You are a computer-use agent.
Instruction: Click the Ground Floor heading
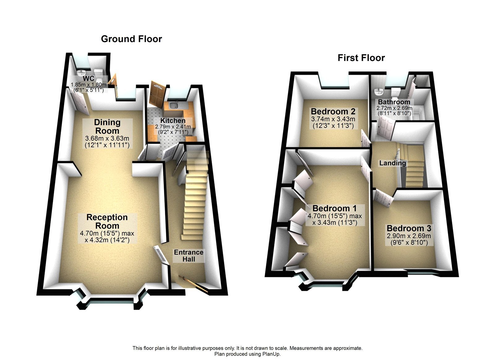pyautogui.click(x=131, y=39)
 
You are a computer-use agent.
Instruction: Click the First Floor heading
pyautogui.click(x=361, y=58)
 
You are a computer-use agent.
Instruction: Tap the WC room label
pyautogui.click(x=88, y=79)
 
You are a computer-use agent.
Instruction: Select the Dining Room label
pyautogui.click(x=107, y=126)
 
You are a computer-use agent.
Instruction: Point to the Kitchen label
pyautogui.click(x=173, y=120)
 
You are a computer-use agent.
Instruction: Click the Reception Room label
pyautogui.click(x=107, y=221)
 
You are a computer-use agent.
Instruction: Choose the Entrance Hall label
pyautogui.click(x=188, y=256)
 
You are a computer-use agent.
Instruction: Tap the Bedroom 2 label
pyautogui.click(x=333, y=111)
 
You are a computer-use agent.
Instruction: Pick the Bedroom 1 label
pyautogui.click(x=334, y=208)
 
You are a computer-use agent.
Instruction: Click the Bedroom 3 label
pyautogui.click(x=409, y=228)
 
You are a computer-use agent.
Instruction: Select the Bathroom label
pyautogui.click(x=394, y=102)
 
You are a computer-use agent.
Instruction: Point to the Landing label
pyautogui.click(x=393, y=163)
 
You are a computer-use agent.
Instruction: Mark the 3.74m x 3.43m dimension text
pyautogui.click(x=333, y=119)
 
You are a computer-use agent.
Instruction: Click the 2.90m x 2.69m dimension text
pyautogui.click(x=409, y=236)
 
